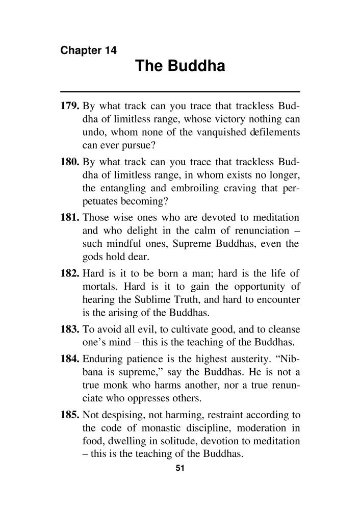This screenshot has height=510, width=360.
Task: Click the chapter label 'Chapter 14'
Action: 89,50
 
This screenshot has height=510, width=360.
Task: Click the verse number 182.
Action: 70,270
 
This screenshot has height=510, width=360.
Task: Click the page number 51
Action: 179,467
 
